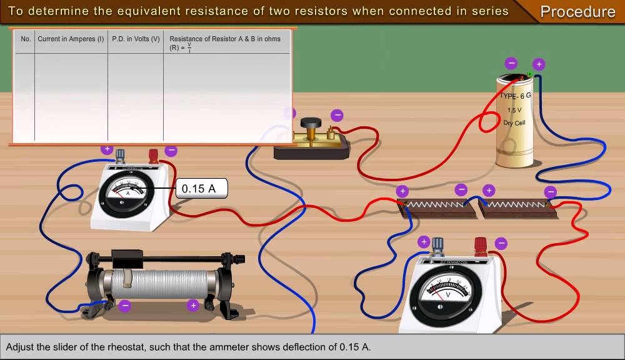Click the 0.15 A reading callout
click(201, 188)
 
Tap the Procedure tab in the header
click(577, 12)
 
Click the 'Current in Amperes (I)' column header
click(71, 39)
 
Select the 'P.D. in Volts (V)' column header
click(136, 39)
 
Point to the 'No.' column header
click(26, 39)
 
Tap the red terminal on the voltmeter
click(480, 244)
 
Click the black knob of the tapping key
click(308, 123)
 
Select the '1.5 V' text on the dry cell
click(514, 110)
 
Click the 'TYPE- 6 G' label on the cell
click(515, 96)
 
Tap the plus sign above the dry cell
click(539, 64)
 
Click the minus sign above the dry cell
click(511, 62)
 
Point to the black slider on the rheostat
click(130, 256)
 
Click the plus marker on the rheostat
click(193, 306)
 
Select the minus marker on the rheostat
click(125, 306)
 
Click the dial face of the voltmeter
click(447, 289)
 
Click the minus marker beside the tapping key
click(337, 115)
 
